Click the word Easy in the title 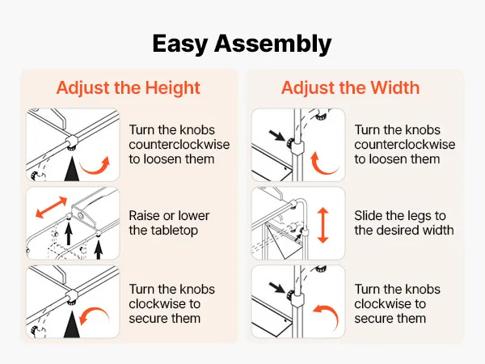(x=179, y=44)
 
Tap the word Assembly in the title (x=273, y=44)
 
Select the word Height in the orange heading (x=173, y=87)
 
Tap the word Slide (x=368, y=216)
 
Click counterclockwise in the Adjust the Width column (x=405, y=145)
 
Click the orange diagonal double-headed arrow (x=52, y=207)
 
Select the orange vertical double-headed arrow (x=323, y=225)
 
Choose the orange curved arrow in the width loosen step (x=322, y=167)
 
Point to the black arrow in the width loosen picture (x=277, y=136)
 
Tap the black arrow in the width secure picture (x=277, y=287)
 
